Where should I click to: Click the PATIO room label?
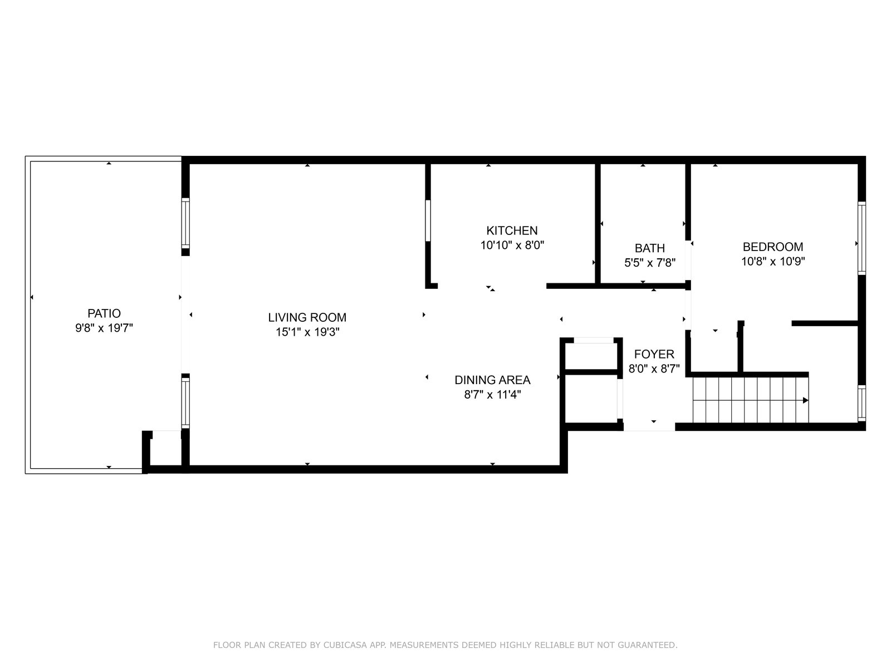[104, 313]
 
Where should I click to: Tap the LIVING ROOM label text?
[307, 317]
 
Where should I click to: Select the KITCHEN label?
[512, 230]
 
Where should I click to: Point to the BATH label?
[650, 248]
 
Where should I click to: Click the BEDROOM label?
[773, 247]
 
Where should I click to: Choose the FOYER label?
[654, 354]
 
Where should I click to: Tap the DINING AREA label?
[492, 380]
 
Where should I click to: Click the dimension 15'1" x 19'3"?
[307, 332]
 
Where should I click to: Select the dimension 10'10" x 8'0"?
[512, 245]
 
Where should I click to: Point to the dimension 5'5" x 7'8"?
[650, 263]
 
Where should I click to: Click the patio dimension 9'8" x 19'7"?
[104, 328]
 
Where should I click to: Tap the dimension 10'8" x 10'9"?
[773, 262]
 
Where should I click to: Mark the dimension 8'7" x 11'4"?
[492, 395]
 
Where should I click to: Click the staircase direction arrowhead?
[805, 400]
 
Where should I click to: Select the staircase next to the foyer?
[751, 400]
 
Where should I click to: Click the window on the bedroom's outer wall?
[861, 238]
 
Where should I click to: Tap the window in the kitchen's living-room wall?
[428, 220]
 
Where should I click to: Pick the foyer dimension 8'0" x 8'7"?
[654, 369]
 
